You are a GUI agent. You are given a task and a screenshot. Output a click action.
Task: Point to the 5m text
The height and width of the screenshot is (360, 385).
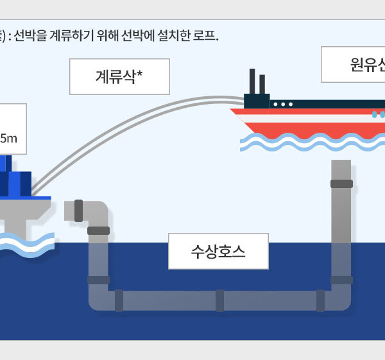coord(13,138)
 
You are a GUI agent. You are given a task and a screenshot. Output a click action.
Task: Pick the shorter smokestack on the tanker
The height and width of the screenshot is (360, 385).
coord(263,85)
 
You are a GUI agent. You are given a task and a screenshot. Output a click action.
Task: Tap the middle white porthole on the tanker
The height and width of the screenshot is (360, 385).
coord(283,103)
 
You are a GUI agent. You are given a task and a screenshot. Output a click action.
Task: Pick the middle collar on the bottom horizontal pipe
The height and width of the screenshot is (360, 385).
coord(219,300)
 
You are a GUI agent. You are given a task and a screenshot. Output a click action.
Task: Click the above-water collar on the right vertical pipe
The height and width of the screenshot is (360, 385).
coord(341,184)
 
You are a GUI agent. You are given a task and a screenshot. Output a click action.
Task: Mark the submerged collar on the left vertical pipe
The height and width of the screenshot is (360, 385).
coord(98,280)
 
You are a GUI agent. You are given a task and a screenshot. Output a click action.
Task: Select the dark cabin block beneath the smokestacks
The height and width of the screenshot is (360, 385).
coord(257,101)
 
